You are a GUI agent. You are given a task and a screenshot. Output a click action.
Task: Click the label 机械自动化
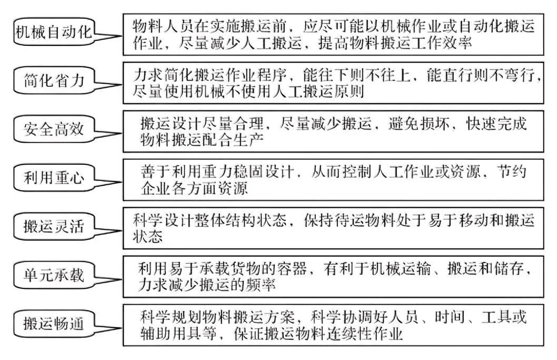[x=53, y=32]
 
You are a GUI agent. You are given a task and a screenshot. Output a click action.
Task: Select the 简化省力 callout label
[x=54, y=81]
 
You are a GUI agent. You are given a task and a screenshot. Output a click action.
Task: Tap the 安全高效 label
[x=53, y=129]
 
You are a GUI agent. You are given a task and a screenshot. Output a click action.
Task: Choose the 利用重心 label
[x=54, y=177]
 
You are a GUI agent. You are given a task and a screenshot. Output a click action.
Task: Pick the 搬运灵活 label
[x=54, y=227]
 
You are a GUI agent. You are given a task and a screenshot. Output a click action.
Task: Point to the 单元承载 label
[x=54, y=274]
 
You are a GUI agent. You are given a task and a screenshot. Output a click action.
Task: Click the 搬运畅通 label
[x=54, y=322]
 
